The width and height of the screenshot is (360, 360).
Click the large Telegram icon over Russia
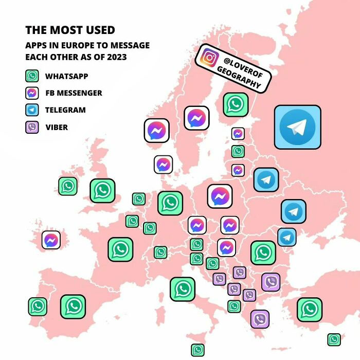[297, 127]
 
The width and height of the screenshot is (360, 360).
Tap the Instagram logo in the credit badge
[209, 57]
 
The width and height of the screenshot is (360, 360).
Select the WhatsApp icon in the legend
[32, 76]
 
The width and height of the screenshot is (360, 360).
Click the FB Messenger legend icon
[32, 93]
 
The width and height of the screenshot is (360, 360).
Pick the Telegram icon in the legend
[32, 110]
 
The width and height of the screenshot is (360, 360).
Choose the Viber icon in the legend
[32, 127]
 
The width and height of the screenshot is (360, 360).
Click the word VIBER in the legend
[57, 127]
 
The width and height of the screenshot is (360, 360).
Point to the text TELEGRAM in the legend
[65, 110]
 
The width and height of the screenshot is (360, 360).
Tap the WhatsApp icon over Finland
[236, 104]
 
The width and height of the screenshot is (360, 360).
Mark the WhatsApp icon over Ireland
[68, 186]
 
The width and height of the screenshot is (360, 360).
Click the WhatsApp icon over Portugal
[38, 307]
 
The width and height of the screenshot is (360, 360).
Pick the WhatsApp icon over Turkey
[309, 309]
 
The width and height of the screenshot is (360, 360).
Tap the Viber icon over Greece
[260, 319]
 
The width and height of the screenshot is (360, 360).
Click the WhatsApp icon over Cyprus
[334, 339]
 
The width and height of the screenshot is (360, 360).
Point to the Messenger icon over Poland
[220, 196]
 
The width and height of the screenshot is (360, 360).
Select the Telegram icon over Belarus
[266, 179]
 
